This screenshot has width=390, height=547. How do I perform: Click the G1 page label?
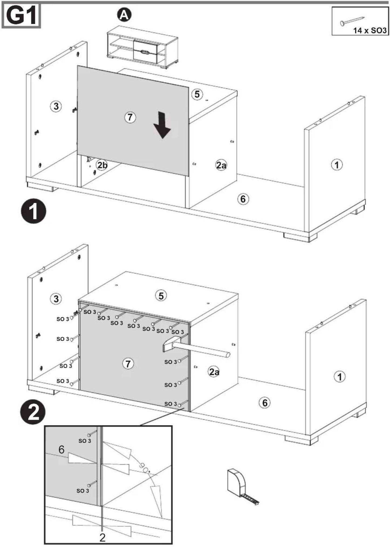[21, 16]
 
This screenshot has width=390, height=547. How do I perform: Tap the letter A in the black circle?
[124, 15]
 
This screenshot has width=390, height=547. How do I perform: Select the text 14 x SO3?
[370, 30]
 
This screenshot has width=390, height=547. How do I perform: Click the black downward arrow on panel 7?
[162, 125]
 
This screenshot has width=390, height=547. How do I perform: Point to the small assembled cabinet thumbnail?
[143, 47]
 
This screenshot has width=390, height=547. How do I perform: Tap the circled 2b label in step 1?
[102, 165]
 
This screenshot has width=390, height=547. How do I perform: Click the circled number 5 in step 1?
[197, 94]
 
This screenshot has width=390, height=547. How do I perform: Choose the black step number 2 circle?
[33, 412]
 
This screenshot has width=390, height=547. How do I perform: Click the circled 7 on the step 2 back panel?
[128, 364]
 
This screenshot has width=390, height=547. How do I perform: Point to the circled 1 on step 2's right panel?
[340, 377]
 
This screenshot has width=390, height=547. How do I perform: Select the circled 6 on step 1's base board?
[243, 199]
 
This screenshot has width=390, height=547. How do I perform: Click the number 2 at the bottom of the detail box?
[102, 538]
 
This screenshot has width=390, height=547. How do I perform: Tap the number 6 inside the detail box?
[62, 449]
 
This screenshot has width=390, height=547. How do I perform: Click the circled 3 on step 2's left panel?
[56, 299]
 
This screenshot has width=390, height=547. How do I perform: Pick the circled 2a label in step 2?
[214, 372]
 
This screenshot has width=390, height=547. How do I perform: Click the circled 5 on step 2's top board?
[161, 296]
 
